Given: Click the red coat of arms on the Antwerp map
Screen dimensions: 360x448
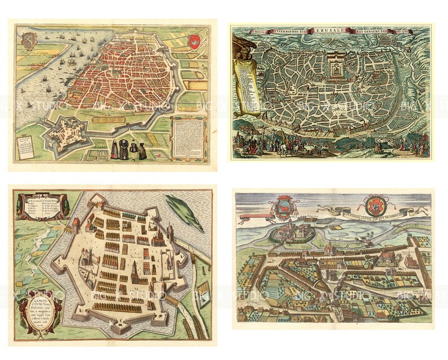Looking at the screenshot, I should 196,41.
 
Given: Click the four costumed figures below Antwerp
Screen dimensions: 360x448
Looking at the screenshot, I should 128,148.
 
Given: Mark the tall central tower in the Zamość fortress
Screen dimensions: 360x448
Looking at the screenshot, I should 135,274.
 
